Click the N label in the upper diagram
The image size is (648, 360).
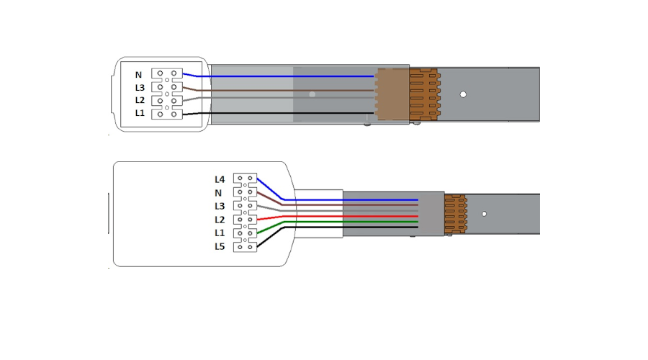click(x=138, y=75)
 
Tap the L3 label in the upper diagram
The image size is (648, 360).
click(x=140, y=88)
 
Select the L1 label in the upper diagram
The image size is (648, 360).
click(x=140, y=113)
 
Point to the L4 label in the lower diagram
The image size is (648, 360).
click(x=220, y=179)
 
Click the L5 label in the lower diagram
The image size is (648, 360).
click(x=220, y=247)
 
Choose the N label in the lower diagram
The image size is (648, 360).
click(x=218, y=193)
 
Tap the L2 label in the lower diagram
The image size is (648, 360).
click(x=220, y=220)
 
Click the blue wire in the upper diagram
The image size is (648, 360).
click(x=278, y=76)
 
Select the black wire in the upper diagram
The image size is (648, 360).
click(x=278, y=113)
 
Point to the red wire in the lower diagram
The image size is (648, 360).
click(x=337, y=216)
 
